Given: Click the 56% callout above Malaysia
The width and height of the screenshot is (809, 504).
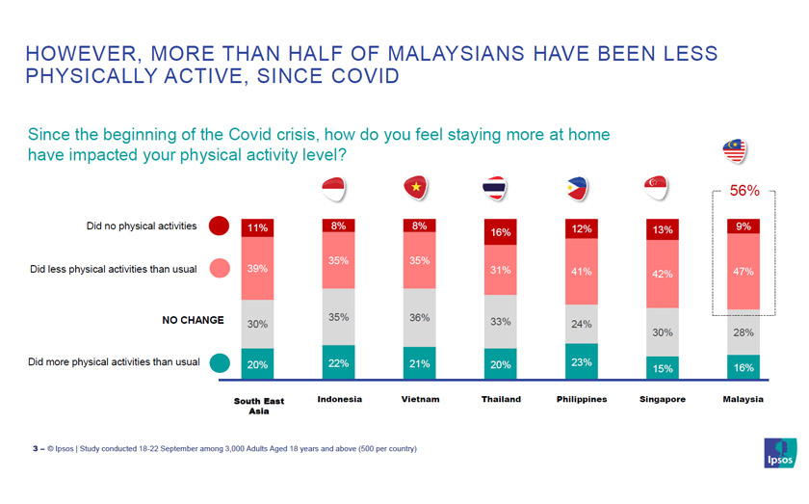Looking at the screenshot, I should click(x=744, y=191).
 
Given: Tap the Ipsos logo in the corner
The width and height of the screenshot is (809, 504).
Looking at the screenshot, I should click(x=779, y=453).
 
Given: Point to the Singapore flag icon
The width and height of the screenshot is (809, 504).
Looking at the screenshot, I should click(x=658, y=188).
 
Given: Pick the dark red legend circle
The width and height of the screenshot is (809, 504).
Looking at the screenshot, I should click(x=219, y=226).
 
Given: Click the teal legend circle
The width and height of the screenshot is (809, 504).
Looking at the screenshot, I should click(x=219, y=363).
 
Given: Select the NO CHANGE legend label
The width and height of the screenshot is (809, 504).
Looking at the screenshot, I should click(x=192, y=320).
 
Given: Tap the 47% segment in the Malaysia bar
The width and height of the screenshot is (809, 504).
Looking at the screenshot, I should click(x=743, y=272).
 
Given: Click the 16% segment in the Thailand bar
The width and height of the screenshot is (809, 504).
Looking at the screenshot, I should click(x=500, y=233).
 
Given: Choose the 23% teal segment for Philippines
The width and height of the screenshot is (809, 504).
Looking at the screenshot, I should click(x=581, y=361).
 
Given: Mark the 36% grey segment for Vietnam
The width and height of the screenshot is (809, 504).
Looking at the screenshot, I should click(x=419, y=317).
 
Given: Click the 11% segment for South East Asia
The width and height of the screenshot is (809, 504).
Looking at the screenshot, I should click(x=257, y=228).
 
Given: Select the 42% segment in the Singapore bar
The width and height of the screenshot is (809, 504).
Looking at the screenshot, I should click(x=662, y=273).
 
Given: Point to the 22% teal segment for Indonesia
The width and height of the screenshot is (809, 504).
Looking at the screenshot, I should click(x=338, y=362).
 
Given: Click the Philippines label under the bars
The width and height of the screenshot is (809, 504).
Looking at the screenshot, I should click(x=582, y=399).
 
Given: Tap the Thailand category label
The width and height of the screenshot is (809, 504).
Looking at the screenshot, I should click(x=500, y=399).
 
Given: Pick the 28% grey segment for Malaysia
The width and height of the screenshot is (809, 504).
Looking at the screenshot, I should click(x=743, y=332).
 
